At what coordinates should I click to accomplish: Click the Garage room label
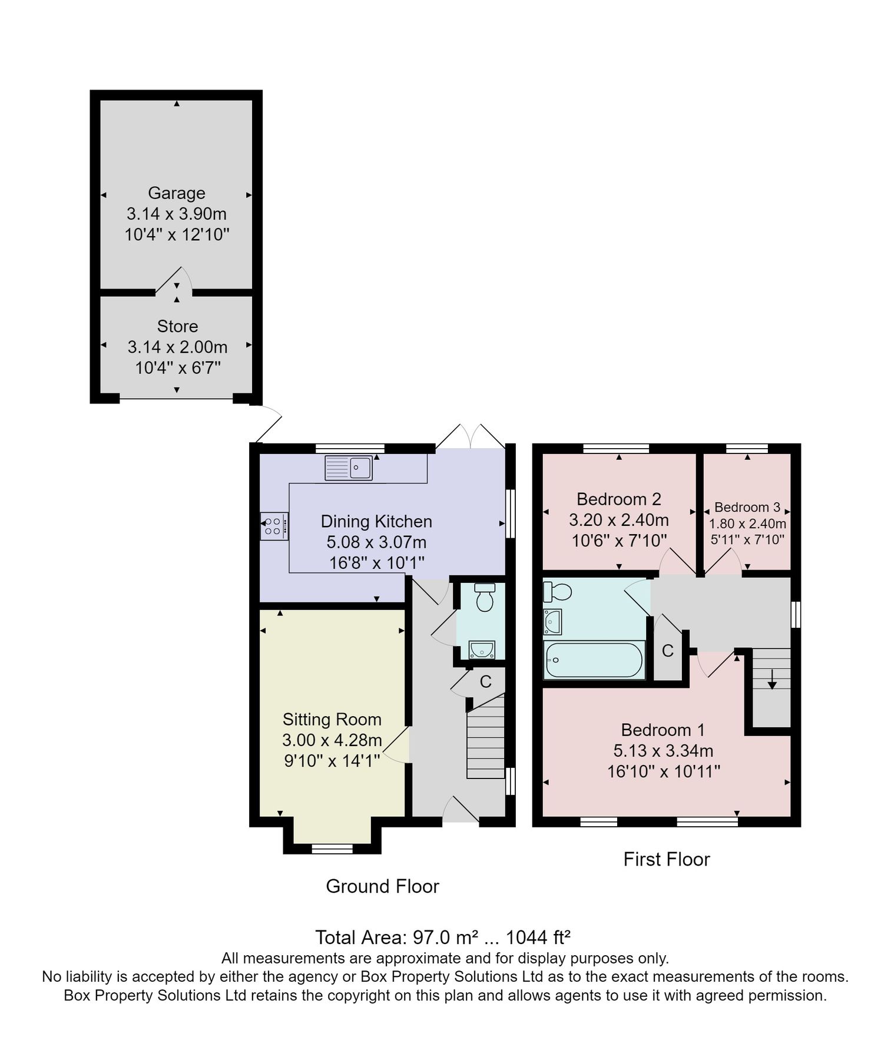click(176, 193)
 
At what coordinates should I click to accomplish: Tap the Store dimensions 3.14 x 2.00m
click(177, 347)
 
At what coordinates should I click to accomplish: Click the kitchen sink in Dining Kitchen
click(348, 468)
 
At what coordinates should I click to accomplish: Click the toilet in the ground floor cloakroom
click(485, 598)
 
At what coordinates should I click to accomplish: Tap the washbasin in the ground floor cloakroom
click(482, 650)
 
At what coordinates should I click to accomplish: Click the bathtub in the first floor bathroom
click(593, 660)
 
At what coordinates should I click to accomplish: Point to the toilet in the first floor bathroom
click(557, 591)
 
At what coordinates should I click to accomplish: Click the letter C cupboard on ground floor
click(485, 682)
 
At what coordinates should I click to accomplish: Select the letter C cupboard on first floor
click(667, 651)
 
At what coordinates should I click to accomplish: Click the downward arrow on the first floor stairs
click(771, 680)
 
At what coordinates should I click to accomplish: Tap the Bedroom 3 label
click(747, 507)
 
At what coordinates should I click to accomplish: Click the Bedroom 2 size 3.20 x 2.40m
click(618, 520)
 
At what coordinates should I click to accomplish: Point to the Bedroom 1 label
click(663, 730)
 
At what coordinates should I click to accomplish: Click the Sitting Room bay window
click(332, 849)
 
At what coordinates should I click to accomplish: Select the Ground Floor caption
click(382, 886)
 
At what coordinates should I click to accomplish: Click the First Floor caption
click(667, 859)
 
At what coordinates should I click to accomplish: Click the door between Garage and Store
click(174, 283)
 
